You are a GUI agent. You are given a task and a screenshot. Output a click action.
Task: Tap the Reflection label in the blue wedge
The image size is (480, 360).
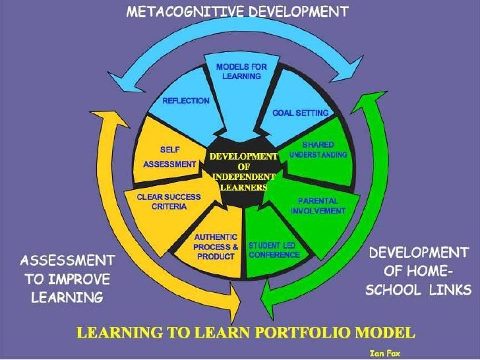coord(186,101)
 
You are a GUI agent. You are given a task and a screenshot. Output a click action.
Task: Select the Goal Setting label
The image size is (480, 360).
coord(301,113)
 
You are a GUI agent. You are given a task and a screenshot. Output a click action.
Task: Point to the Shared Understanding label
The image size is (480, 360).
coord(318,149)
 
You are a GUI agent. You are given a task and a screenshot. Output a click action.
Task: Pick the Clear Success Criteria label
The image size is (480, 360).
coord(162,201)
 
